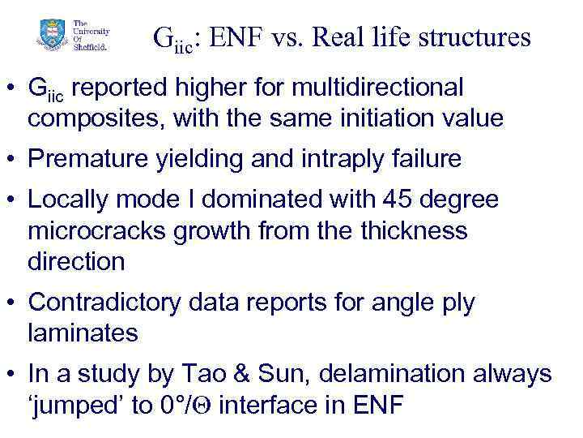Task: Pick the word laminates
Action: point(83,333)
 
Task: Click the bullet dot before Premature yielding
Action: point(13,160)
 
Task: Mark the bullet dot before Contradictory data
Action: point(13,303)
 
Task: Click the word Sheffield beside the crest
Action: point(89,45)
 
